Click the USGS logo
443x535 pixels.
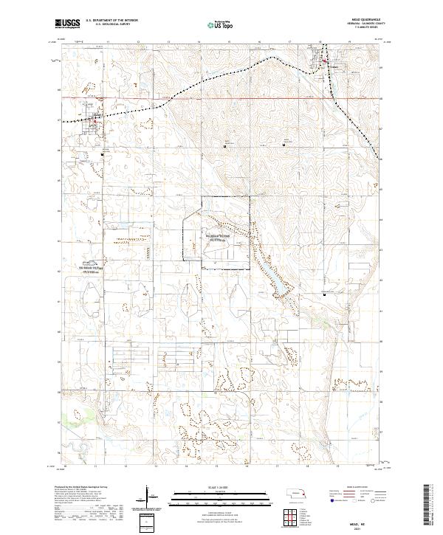68,24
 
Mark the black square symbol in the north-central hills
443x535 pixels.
224,145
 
